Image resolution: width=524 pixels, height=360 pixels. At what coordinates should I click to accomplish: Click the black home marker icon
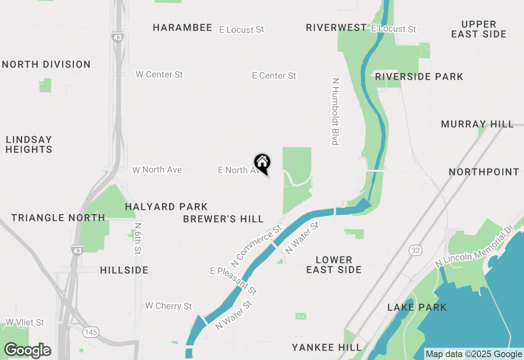pyautogui.click(x=262, y=162)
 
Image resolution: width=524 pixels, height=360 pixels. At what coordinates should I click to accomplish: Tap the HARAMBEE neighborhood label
pyautogui.click(x=183, y=28)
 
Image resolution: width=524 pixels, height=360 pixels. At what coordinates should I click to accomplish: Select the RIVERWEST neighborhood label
pyautogui.click(x=337, y=28)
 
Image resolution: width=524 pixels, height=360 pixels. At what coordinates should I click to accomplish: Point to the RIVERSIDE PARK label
pyautogui.click(x=419, y=77)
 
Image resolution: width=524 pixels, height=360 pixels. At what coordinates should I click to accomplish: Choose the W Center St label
pyautogui.click(x=159, y=75)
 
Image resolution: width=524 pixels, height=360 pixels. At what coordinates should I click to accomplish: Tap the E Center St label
pyautogui.click(x=274, y=76)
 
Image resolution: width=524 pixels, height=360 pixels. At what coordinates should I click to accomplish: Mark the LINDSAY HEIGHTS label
pyautogui.click(x=29, y=145)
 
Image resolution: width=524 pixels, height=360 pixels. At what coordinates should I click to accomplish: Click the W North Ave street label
pyautogui.click(x=157, y=170)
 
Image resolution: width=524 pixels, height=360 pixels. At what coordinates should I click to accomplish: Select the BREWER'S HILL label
pyautogui.click(x=224, y=219)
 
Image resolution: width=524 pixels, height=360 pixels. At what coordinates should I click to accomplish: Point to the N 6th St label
pyautogui.click(x=138, y=238)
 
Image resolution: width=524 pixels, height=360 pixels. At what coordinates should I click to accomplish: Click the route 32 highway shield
pyautogui.click(x=416, y=250)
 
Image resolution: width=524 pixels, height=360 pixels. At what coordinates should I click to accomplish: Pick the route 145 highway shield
pyautogui.click(x=90, y=332)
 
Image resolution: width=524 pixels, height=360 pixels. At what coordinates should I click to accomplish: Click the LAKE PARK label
pyautogui.click(x=417, y=307)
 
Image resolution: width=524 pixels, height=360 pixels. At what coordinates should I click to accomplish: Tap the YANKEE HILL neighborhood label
pyautogui.click(x=327, y=348)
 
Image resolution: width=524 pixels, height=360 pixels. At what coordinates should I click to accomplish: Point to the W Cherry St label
pyautogui.click(x=169, y=306)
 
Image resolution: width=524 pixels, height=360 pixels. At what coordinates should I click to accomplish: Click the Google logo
pyautogui.click(x=27, y=351)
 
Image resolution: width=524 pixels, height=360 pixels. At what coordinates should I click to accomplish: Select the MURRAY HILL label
pyautogui.click(x=477, y=124)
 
